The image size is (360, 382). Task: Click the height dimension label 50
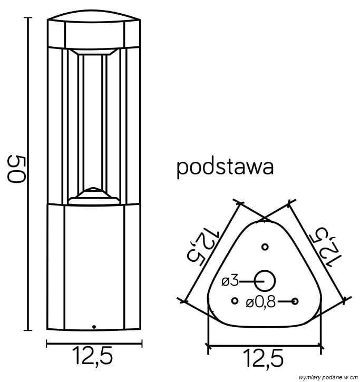coord(16,169)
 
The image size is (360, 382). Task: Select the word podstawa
coord(225,167)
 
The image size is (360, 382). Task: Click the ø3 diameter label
coord(230,281)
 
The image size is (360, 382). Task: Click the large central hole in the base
coord(265,281)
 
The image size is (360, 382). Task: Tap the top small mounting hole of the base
coord(265,247)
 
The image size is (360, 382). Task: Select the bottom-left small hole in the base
coord(235,301)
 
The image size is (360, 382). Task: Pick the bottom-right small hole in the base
coord(295,301)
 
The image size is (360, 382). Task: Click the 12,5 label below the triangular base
coord(264,359)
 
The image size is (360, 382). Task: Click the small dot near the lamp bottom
coord(94,327)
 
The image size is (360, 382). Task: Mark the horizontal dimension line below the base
coord(264,346)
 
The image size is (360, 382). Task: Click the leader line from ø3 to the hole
coord(248,281)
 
